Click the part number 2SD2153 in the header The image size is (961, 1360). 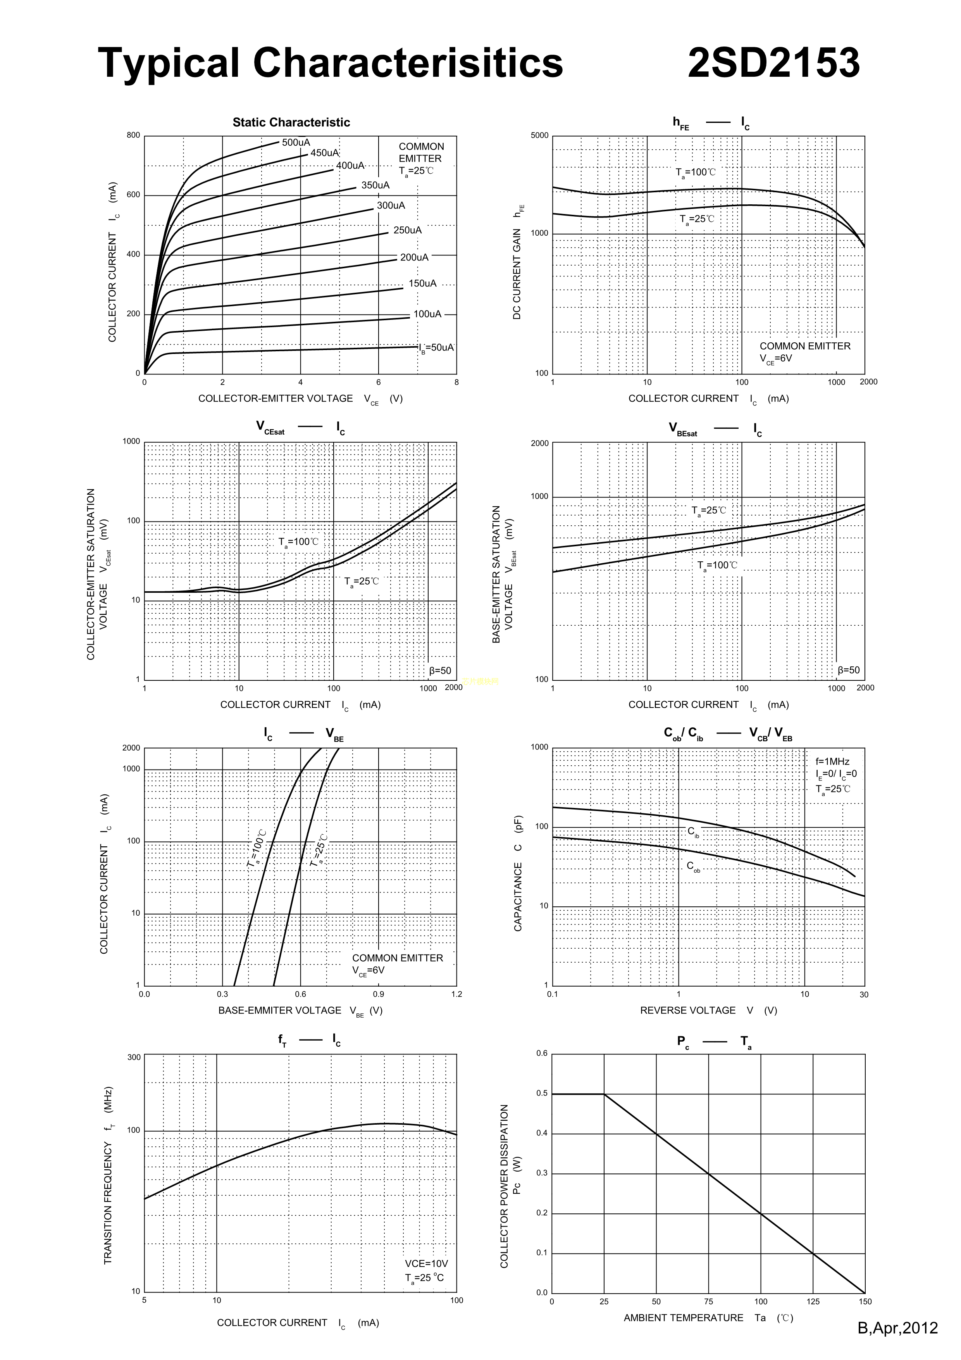coord(773,63)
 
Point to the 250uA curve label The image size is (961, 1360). coord(407,230)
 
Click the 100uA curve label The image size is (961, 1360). coord(427,314)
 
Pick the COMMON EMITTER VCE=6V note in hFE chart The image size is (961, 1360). coord(804,352)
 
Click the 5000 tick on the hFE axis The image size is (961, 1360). coord(539,136)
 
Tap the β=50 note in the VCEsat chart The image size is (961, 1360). coord(440,671)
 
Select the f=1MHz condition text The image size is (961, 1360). coord(832,762)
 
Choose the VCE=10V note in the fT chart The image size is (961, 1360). coord(426,1264)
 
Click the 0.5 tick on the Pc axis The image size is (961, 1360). coord(542,1093)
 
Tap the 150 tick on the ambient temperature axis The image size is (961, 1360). coord(865,1302)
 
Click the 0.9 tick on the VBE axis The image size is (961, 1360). coord(378,994)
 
